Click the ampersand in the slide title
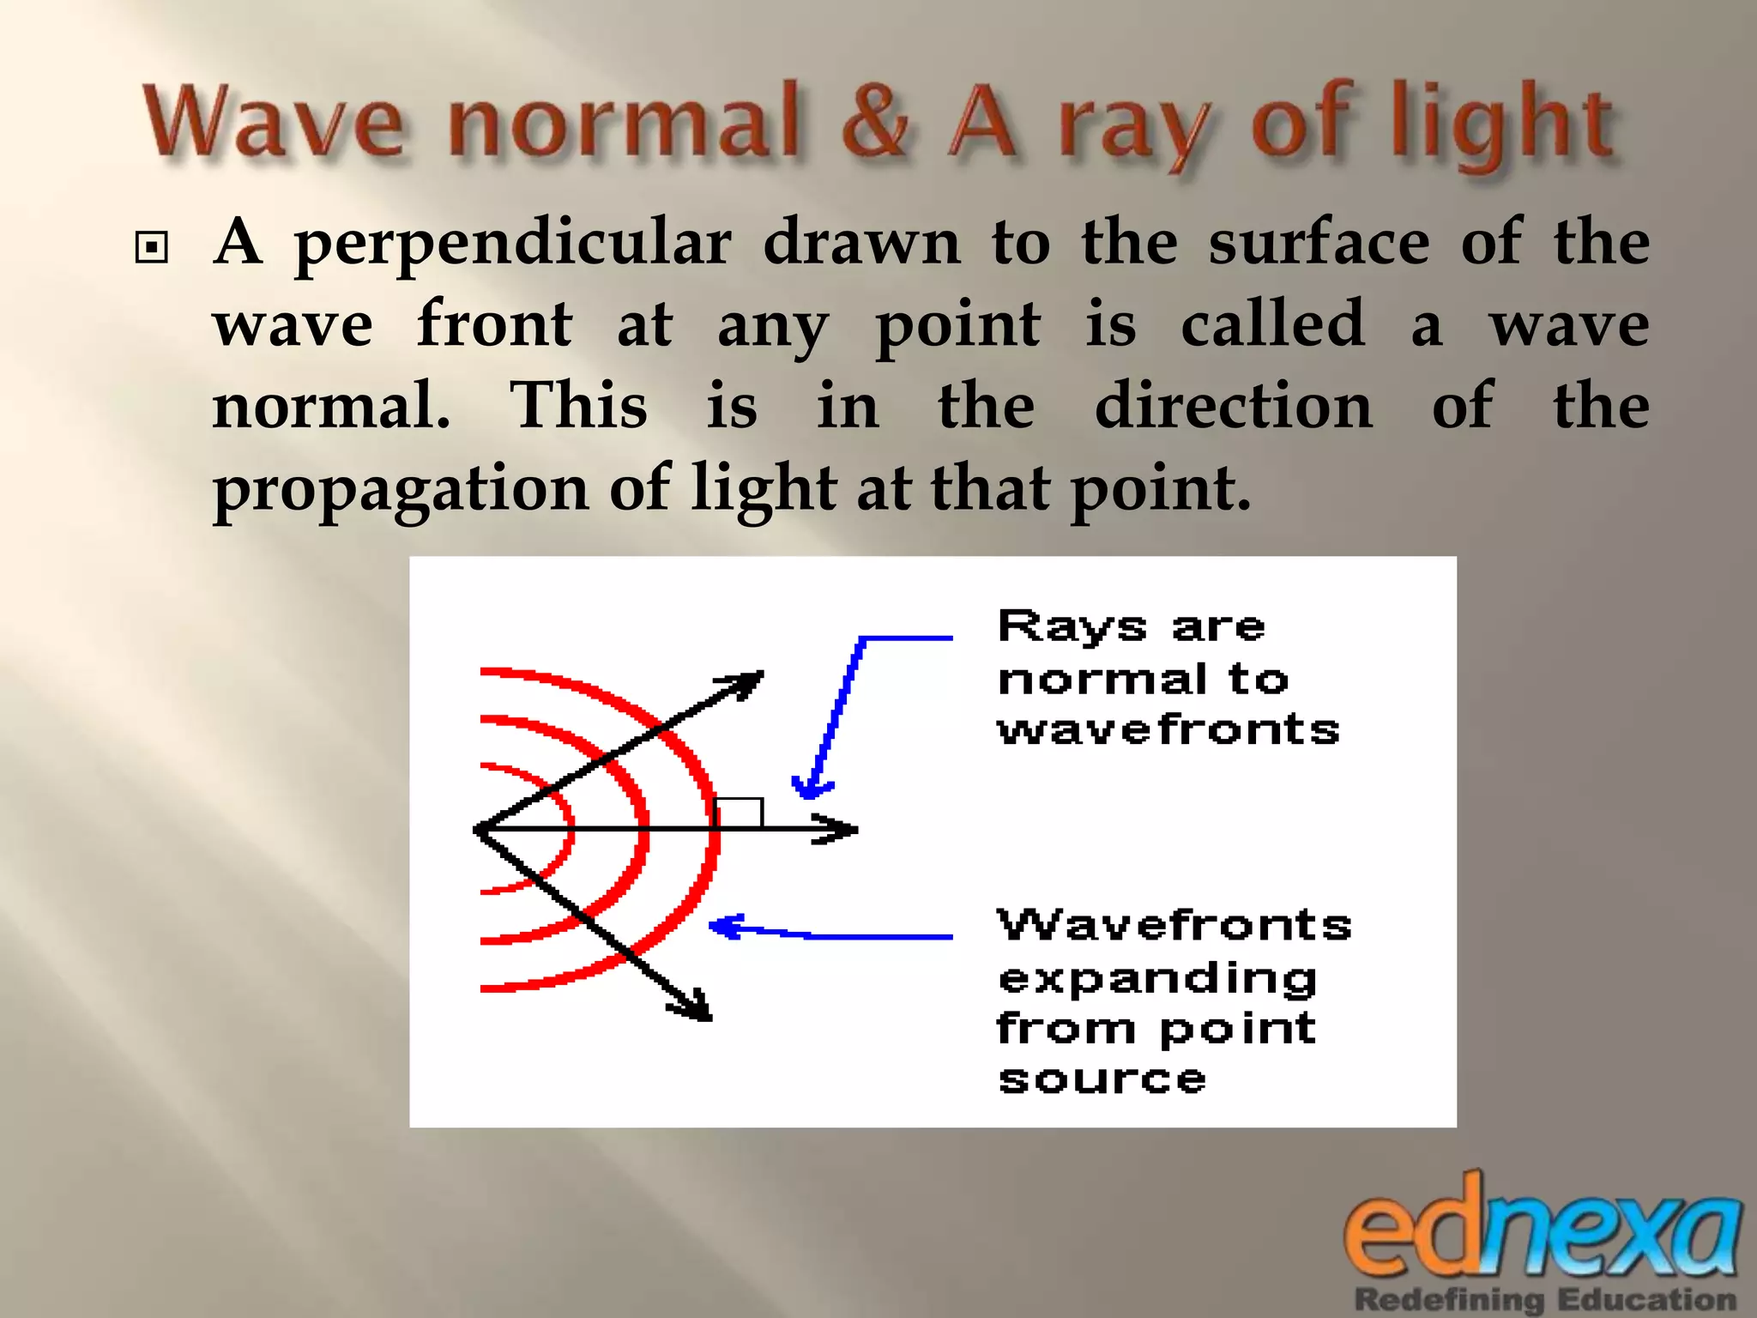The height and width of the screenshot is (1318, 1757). (874, 122)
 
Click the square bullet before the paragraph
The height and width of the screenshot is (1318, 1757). (152, 248)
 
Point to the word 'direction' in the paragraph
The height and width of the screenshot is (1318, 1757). (1233, 406)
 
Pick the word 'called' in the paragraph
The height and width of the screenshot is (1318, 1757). (1272, 324)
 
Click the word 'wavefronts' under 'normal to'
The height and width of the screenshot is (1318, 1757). (1168, 730)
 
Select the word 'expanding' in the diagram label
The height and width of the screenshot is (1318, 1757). (1157, 979)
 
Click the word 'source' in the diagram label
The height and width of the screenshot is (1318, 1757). (1102, 1079)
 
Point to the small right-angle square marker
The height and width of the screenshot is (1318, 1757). (739, 813)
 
